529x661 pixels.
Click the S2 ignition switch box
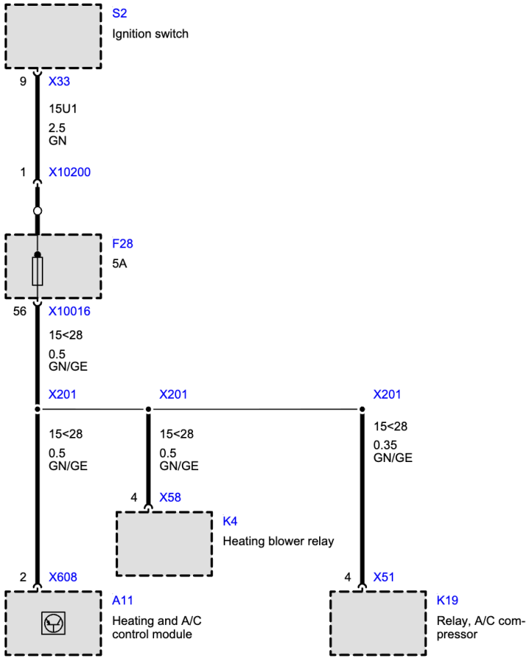[53, 36]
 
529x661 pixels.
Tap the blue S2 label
[120, 13]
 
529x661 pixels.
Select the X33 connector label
[59, 82]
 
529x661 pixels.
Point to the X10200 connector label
[70, 172]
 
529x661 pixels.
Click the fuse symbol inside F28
[37, 271]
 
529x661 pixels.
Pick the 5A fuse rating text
[120, 264]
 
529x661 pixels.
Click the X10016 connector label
[70, 311]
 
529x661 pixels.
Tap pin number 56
[20, 311]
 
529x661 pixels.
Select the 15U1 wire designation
[63, 109]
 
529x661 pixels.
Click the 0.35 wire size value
[385, 445]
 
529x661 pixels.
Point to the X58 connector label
[170, 497]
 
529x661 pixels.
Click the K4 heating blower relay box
[164, 543]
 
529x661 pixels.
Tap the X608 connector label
[63, 577]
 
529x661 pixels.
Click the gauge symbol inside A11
[53, 623]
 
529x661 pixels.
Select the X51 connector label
[384, 577]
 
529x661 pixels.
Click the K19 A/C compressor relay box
[378, 624]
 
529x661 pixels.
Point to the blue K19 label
[448, 600]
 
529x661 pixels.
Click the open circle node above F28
[37, 211]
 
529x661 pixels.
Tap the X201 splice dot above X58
[148, 409]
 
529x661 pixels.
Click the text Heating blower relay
[278, 541]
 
